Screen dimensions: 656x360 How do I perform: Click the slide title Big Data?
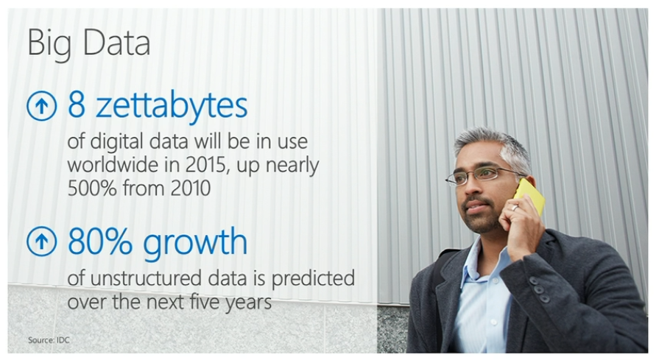click(x=88, y=43)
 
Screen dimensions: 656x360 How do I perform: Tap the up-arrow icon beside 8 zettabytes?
click(x=41, y=106)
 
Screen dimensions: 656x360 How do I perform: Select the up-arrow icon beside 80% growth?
click(x=41, y=241)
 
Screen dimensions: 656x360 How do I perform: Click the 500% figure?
click(x=92, y=188)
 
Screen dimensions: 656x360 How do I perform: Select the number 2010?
click(x=191, y=188)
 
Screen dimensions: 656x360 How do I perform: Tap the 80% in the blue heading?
click(x=100, y=241)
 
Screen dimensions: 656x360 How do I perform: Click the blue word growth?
click(x=195, y=242)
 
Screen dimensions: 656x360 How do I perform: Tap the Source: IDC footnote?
click(x=49, y=340)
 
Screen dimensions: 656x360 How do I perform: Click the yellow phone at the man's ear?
click(x=530, y=196)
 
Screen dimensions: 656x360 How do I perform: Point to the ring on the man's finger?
click(x=515, y=208)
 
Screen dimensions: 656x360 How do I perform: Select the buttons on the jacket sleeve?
click(x=539, y=289)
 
